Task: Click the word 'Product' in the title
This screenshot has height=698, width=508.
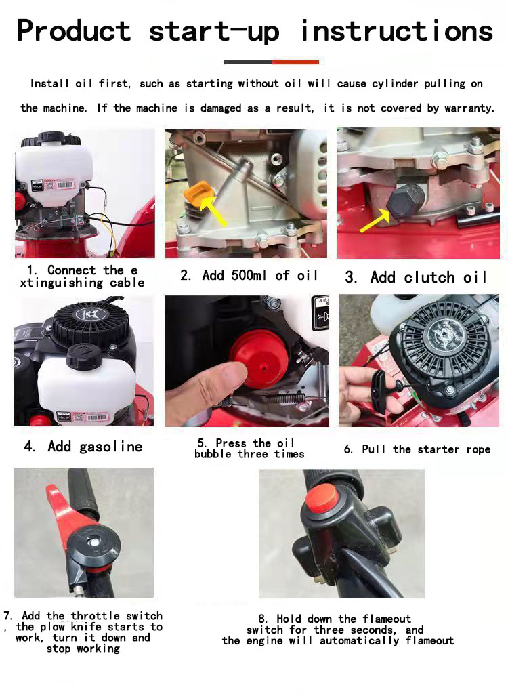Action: (x=73, y=31)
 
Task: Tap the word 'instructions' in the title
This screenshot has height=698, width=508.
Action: (x=396, y=31)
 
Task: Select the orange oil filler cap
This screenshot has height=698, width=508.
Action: (x=196, y=197)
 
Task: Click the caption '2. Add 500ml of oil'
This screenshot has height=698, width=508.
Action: (x=249, y=276)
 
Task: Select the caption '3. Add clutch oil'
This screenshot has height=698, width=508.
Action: (x=416, y=278)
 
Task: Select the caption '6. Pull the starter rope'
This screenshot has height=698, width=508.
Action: (x=417, y=449)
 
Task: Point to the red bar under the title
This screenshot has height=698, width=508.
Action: (x=295, y=62)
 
